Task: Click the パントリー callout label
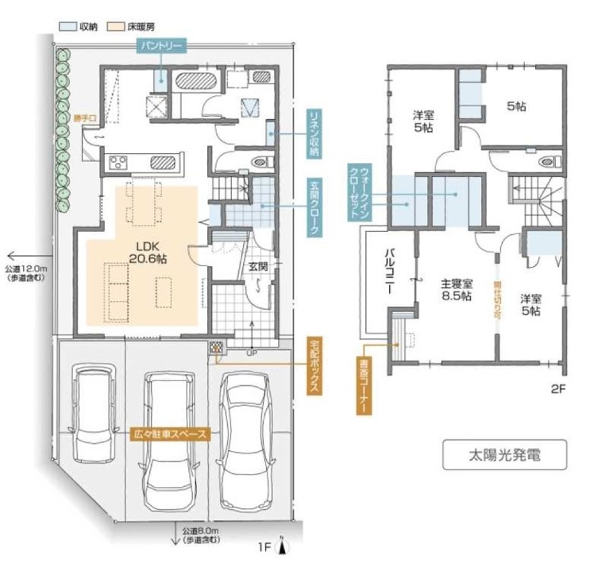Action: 162,46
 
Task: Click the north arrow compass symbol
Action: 283,546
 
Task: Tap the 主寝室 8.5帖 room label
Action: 456,290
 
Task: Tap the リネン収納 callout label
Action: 314,134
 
